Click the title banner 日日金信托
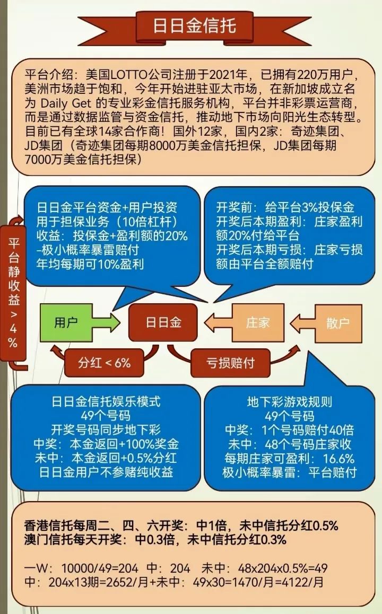coord(194,25)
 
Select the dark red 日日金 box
coord(163,322)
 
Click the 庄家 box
coord(258,323)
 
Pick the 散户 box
coord(338,323)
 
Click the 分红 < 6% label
coord(104,363)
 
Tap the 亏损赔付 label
coord(230,363)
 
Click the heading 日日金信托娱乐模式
coord(106,401)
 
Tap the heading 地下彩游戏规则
coord(290,402)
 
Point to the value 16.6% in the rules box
coord(338,459)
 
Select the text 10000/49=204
coord(100,568)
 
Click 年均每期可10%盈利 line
coord(90,264)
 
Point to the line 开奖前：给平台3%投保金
coord(285,207)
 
